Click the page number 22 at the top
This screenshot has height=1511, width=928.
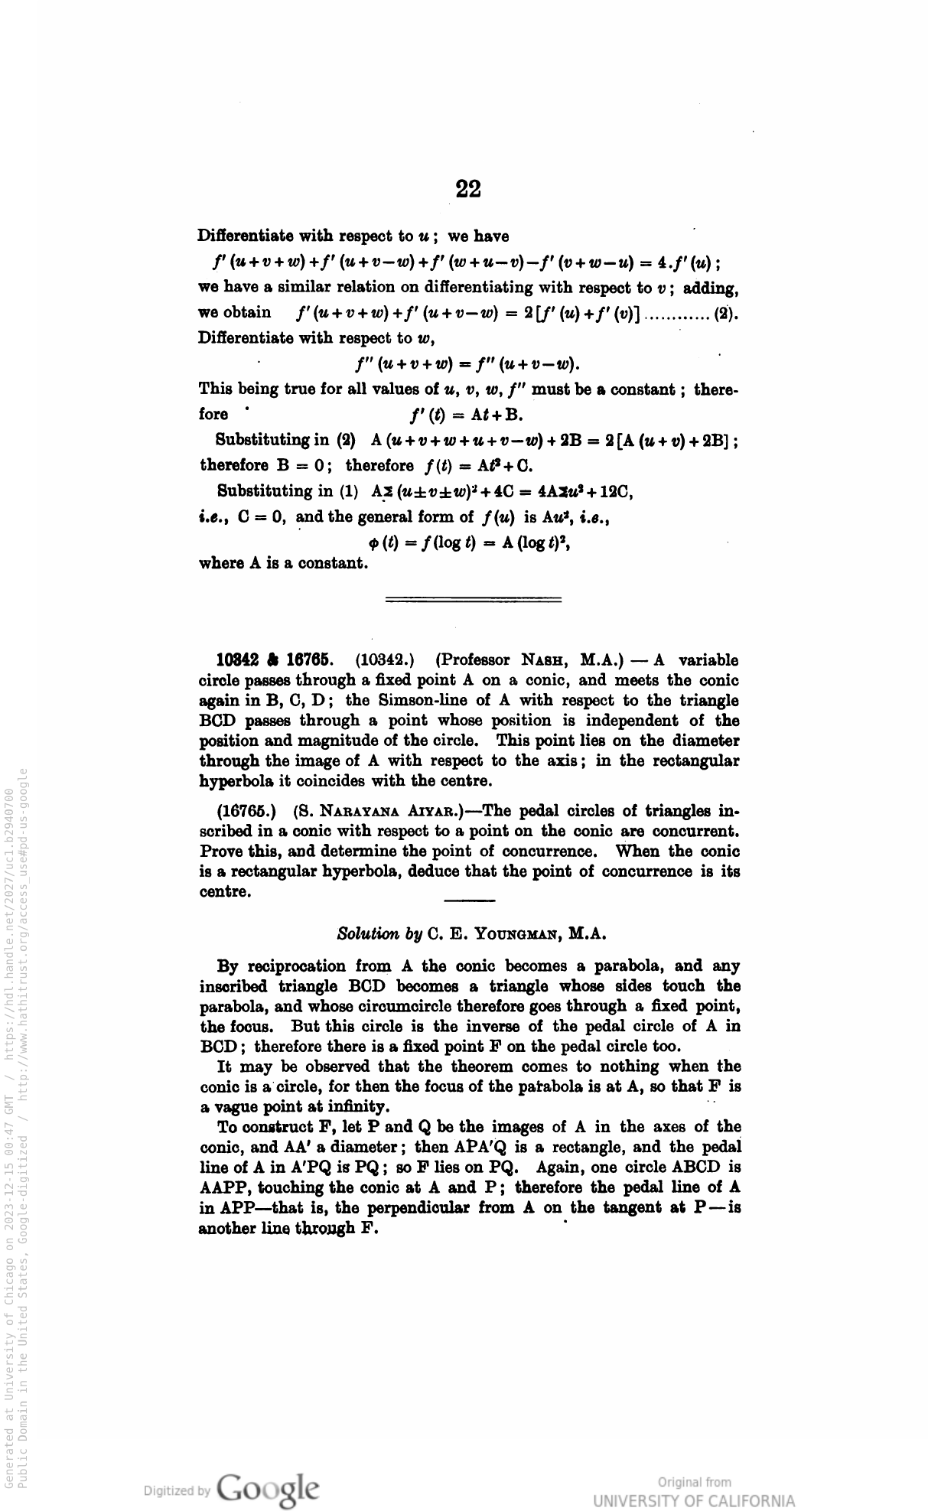coord(467,189)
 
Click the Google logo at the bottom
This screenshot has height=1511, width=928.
coord(268,1487)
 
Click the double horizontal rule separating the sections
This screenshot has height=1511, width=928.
coord(473,599)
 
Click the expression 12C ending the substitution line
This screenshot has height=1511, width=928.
coord(618,492)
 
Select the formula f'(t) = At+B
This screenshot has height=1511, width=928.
coord(467,415)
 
